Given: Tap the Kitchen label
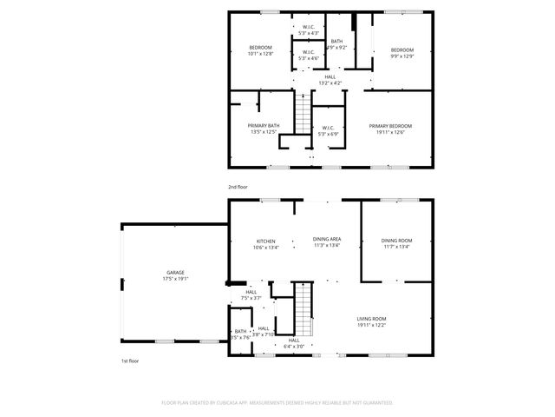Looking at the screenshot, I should tap(265, 241).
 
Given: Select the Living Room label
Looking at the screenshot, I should tap(371, 319).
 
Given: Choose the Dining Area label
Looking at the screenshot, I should tap(326, 240).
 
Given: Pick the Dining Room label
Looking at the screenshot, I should tap(396, 241).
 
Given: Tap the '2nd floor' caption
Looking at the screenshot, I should tap(238, 187).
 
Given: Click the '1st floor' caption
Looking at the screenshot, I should tap(130, 360).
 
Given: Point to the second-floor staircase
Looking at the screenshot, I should tap(302, 113).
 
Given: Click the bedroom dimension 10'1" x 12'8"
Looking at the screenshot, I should tap(260, 54).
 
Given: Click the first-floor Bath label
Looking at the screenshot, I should tap(239, 331).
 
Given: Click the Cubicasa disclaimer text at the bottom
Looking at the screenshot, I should tap(277, 403).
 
